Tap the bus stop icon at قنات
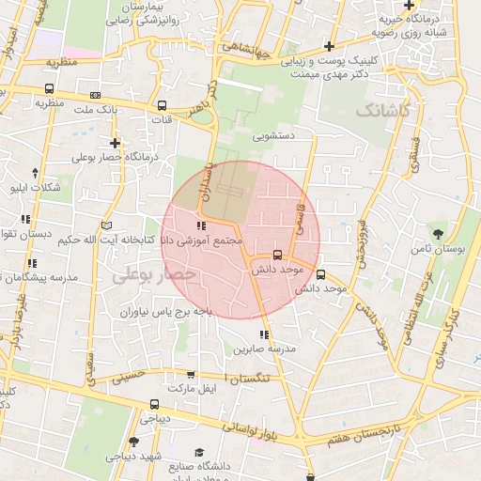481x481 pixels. (163, 105)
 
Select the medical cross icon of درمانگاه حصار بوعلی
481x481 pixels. (115, 143)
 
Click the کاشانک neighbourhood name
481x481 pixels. (384, 110)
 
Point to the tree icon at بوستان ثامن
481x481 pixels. (440, 232)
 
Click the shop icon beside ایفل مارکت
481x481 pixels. (192, 374)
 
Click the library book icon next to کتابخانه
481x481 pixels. (106, 225)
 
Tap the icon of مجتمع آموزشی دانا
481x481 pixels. (200, 226)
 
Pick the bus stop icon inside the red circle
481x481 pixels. (277, 255)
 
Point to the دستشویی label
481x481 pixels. (273, 135)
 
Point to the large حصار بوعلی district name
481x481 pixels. (155, 275)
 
